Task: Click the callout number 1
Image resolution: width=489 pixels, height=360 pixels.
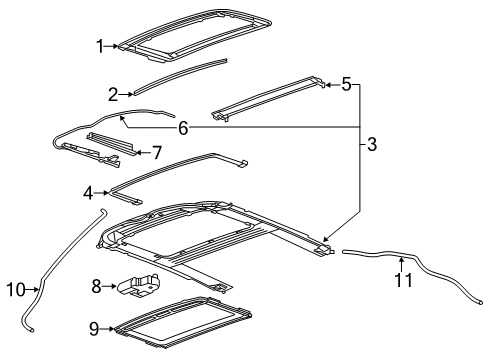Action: (99, 45)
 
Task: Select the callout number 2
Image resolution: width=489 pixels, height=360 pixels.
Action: (114, 94)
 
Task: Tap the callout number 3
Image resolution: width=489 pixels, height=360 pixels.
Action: (371, 145)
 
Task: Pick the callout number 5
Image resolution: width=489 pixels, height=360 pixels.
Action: (346, 86)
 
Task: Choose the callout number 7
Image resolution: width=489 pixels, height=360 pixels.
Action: (157, 153)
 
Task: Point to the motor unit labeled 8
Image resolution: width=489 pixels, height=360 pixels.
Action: (138, 284)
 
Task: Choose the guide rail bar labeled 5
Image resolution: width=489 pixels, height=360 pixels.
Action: (270, 97)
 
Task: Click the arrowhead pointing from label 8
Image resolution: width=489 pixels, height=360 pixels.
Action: (115, 287)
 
